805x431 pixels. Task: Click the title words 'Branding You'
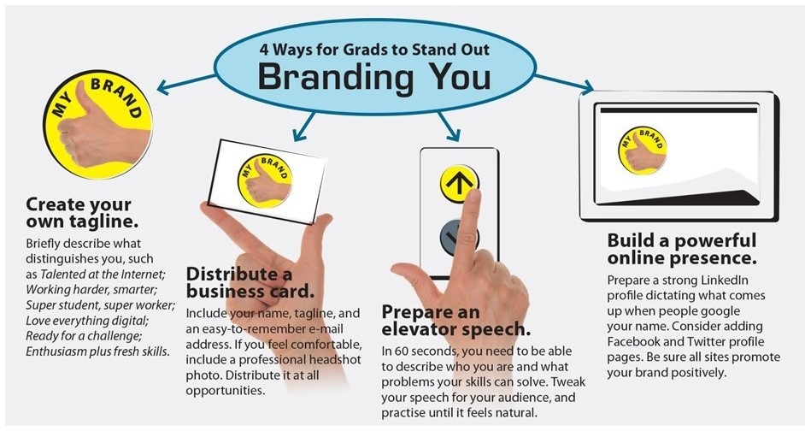tap(373, 77)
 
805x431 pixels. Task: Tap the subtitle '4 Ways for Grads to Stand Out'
tap(374, 50)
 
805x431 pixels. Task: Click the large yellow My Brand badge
tap(97, 124)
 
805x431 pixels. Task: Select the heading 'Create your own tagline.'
tap(82, 213)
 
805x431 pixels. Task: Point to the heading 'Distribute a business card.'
tap(250, 282)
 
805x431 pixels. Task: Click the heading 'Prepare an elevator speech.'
tap(455, 320)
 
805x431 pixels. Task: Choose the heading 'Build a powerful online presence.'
tap(682, 249)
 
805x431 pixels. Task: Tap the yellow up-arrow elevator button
tap(459, 182)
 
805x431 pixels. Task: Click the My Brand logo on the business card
tap(265, 180)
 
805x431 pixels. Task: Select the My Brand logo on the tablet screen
tap(643, 151)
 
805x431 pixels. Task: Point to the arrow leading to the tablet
tap(564, 84)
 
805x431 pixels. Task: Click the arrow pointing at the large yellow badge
tap(185, 85)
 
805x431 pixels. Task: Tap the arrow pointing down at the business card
tap(304, 127)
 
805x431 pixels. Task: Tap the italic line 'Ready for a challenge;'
tap(83, 336)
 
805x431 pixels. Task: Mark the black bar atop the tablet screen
tap(679, 110)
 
